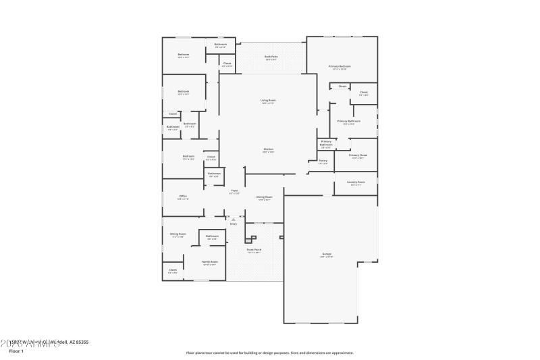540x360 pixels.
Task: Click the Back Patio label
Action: tap(271, 57)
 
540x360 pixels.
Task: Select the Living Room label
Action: tap(268, 101)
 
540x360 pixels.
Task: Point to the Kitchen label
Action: tap(268, 149)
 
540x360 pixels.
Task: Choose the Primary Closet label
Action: tap(358, 155)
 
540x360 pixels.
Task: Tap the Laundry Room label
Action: tap(356, 182)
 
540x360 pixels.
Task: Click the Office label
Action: tap(183, 197)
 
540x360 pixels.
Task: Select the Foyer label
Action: tap(234, 191)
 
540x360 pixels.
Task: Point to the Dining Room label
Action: tap(264, 197)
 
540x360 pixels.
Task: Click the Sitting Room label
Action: tap(178, 234)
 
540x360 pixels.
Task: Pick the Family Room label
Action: tap(210, 261)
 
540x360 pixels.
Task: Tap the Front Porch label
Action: tap(254, 250)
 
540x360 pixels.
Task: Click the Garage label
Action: tap(326, 255)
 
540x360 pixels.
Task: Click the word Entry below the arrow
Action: tap(234, 224)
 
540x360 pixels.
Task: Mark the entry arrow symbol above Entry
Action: tap(234, 219)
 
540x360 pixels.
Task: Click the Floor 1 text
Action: tap(16, 351)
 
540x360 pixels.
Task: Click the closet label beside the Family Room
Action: tap(173, 270)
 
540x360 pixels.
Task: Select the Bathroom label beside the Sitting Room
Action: tap(212, 236)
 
